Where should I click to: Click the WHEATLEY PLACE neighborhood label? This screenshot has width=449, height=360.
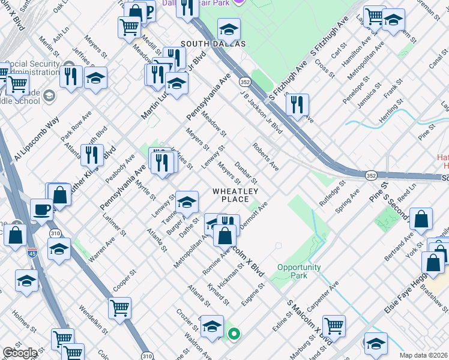[x=235, y=195]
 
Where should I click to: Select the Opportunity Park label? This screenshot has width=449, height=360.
[x=299, y=271]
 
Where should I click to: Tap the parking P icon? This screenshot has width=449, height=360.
[x=149, y=10]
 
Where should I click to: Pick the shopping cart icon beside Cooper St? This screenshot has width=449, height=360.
[x=119, y=307]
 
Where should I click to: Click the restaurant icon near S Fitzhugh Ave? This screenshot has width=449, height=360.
[x=297, y=104]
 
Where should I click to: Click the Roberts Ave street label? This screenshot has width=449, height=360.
[x=265, y=156]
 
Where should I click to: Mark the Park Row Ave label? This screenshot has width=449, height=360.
[x=76, y=126]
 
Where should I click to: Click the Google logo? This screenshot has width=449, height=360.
[x=20, y=353]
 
